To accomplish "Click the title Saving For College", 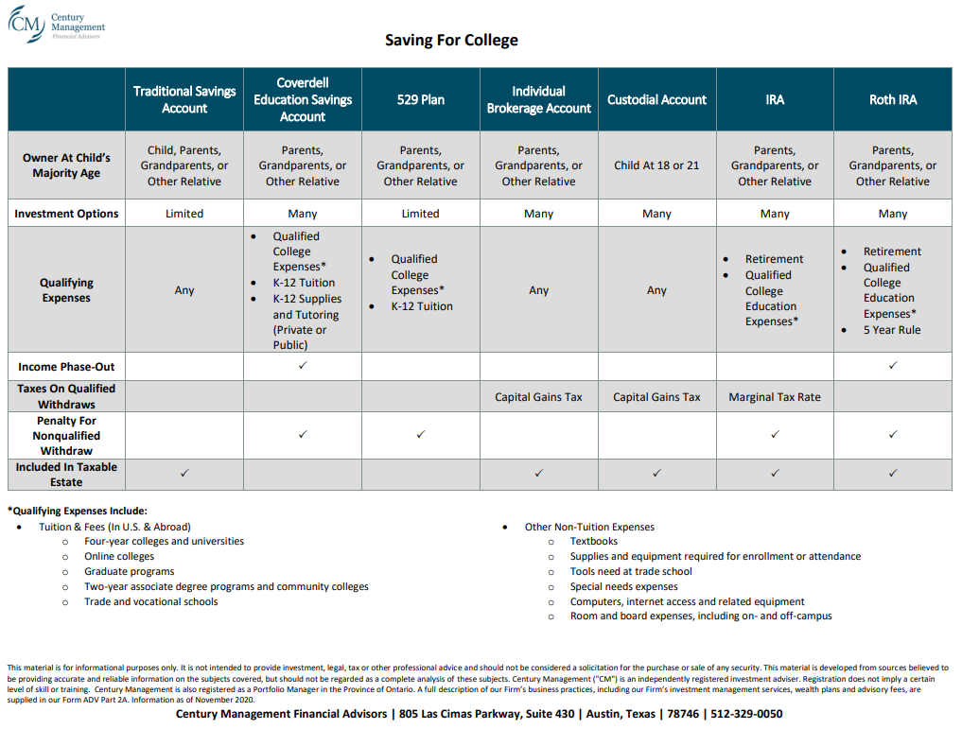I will click(x=451, y=40).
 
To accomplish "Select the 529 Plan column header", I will click(x=420, y=99).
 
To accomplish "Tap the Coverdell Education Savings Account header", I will click(x=303, y=99).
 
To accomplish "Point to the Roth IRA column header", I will click(x=892, y=99).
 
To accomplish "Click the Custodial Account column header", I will click(x=656, y=99).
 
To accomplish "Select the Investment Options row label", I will click(x=66, y=214).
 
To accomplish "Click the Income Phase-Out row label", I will click(x=66, y=366).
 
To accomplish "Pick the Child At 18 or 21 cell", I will click(x=656, y=165).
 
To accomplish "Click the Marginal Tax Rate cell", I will click(x=775, y=397).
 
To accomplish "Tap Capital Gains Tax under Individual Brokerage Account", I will click(x=538, y=397).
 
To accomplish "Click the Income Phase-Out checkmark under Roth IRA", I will click(x=893, y=365).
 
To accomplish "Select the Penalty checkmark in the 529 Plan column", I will click(x=421, y=435).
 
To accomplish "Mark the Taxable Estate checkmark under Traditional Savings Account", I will click(x=184, y=473).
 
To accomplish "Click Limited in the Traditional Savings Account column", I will click(x=184, y=214).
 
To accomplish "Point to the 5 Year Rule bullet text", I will click(x=891, y=330).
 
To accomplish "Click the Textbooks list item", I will click(x=593, y=542).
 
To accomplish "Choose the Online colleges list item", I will click(x=119, y=557).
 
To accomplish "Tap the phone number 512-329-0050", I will click(x=746, y=714).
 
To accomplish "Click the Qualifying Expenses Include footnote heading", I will click(x=78, y=511).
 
